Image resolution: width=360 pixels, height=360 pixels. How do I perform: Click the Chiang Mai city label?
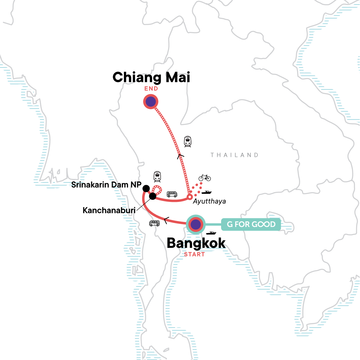pyautogui.click(x=151, y=77)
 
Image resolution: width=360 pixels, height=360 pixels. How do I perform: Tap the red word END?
pyautogui.click(x=151, y=89)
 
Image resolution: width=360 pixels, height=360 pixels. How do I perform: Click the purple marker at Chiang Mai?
pyautogui.click(x=151, y=102)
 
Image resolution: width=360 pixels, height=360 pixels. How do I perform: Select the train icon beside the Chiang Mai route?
pyautogui.click(x=188, y=141)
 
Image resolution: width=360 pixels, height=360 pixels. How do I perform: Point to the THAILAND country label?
pyautogui.click(x=234, y=155)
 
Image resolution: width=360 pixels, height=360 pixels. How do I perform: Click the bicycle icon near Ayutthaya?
pyautogui.click(x=205, y=178)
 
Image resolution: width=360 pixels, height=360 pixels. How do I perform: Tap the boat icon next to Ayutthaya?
pyautogui.click(x=206, y=192)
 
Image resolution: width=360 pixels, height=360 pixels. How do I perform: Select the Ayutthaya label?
pyautogui.click(x=209, y=201)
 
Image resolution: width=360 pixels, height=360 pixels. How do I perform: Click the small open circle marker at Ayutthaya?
pyautogui.click(x=190, y=197)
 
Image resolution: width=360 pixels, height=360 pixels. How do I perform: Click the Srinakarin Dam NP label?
pyautogui.click(x=106, y=185)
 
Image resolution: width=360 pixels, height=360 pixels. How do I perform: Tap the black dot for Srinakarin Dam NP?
pyautogui.click(x=146, y=188)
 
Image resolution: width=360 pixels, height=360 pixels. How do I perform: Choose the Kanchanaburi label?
pyautogui.click(x=109, y=210)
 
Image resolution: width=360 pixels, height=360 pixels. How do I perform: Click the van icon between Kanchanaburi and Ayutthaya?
pyautogui.click(x=172, y=194)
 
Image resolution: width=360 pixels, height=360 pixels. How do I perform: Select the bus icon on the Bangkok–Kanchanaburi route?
pyautogui.click(x=154, y=223)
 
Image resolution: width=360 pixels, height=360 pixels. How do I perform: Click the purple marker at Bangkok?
pyautogui.click(x=195, y=224)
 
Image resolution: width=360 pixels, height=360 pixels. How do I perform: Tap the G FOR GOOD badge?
pyautogui.click(x=251, y=224)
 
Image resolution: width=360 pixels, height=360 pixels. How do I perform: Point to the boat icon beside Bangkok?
pyautogui.click(x=211, y=233)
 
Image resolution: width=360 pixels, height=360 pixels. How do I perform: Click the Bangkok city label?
pyautogui.click(x=196, y=243)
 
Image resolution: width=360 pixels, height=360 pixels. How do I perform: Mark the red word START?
pyautogui.click(x=194, y=254)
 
